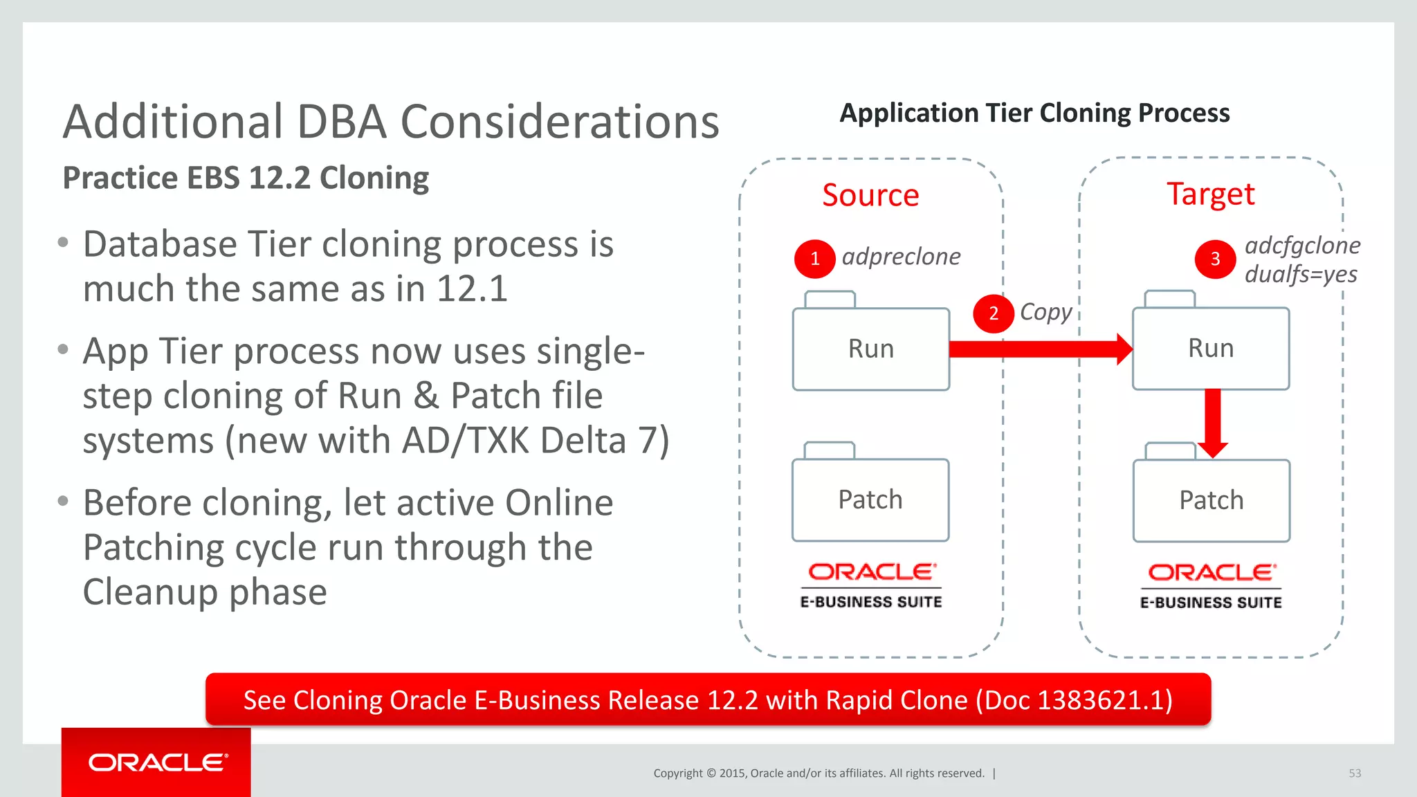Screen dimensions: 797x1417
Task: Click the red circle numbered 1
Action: [x=814, y=259]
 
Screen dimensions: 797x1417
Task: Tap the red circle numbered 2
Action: [x=993, y=313]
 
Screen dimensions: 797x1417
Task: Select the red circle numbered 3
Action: [x=1215, y=259]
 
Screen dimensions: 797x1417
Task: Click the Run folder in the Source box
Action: [x=870, y=349]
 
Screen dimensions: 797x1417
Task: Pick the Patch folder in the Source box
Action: [x=870, y=500]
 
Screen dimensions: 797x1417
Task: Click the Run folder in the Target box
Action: [x=1211, y=348]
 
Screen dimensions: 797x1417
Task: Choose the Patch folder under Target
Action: [x=1212, y=500]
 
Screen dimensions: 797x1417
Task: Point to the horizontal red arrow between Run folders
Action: [x=1038, y=349]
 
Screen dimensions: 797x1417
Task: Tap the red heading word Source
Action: [x=870, y=195]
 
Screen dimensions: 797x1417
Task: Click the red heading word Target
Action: [x=1210, y=194]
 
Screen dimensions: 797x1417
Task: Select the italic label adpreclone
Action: [x=901, y=257]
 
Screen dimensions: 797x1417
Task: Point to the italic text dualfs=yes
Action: [x=1301, y=275]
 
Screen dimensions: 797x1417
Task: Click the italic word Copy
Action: [x=1045, y=312]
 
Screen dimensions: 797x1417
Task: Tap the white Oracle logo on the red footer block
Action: [x=158, y=762]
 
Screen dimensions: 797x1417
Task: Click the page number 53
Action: [x=1355, y=773]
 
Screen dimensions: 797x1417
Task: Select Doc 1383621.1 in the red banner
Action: [x=1074, y=700]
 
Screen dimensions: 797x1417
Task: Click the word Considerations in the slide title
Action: [x=560, y=122]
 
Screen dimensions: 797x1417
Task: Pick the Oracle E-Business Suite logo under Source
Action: [x=871, y=585]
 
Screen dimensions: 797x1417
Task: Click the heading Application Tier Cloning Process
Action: [x=1034, y=113]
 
